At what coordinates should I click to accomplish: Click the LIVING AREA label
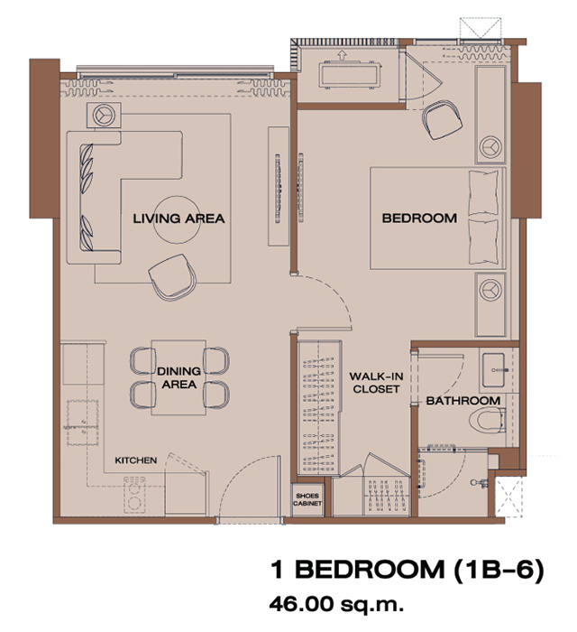pos(179,218)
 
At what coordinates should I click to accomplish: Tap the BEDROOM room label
pos(419,218)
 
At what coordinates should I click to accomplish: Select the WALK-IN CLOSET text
pos(376,383)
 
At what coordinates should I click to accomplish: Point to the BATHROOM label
pos(463,401)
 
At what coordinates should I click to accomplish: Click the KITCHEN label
pos(135,460)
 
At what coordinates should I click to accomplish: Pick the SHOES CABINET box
pos(307,500)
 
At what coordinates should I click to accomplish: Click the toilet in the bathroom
pos(487,420)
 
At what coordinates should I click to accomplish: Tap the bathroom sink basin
pos(493,370)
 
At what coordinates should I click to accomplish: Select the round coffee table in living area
pos(177,219)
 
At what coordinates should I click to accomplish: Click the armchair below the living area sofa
pos(172,277)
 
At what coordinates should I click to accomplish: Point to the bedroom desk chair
pos(442,119)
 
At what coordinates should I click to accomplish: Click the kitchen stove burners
pos(134,495)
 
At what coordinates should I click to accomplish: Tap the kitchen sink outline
pos(82,423)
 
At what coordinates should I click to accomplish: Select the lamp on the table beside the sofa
pos(104,115)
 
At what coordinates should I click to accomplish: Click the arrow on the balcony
pos(342,55)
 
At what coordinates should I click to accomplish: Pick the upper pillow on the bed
pos(483,192)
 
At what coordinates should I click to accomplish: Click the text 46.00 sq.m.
pos(336,604)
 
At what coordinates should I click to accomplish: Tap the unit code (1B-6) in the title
pos(499,570)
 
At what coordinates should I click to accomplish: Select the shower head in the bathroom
pos(480,482)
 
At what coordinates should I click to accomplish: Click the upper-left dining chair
pos(142,361)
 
